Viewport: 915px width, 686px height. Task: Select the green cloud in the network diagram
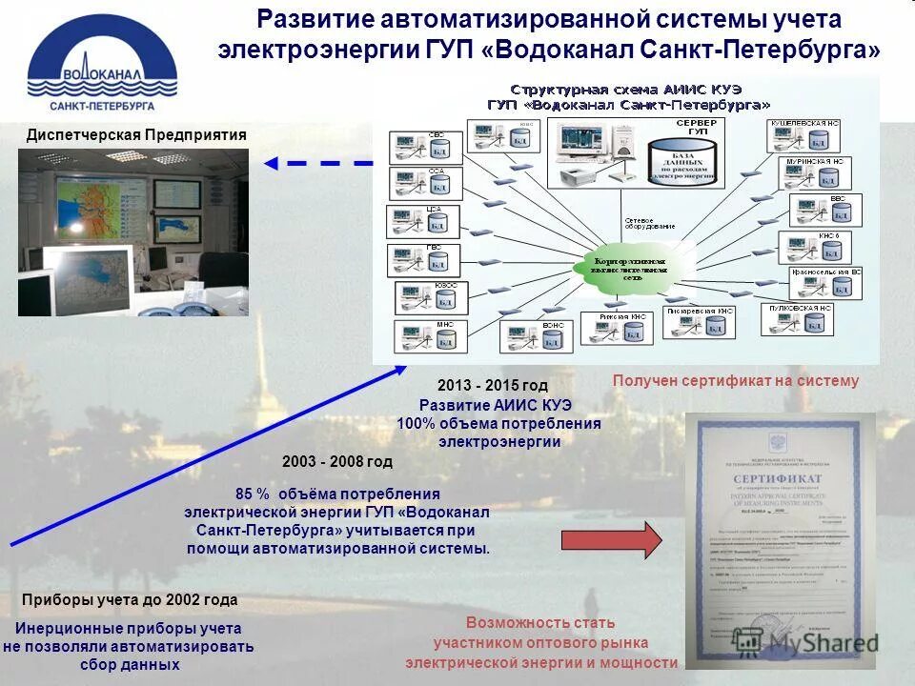pyautogui.click(x=629, y=267)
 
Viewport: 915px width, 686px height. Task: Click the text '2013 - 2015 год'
pyautogui.click(x=493, y=386)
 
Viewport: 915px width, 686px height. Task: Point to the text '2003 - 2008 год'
pyautogui.click(x=337, y=461)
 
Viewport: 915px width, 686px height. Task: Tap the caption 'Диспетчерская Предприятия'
pyautogui.click(x=136, y=135)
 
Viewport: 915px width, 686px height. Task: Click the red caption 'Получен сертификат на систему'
pyautogui.click(x=735, y=381)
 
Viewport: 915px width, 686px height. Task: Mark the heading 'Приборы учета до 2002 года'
pyautogui.click(x=129, y=601)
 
